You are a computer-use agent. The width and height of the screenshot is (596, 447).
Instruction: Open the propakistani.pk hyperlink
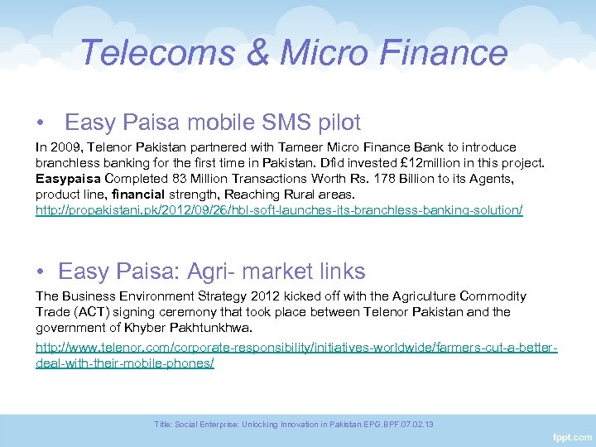click(279, 210)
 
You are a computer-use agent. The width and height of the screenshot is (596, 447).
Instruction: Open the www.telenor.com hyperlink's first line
click(296, 348)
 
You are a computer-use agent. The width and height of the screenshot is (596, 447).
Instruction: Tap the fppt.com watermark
click(572, 435)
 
